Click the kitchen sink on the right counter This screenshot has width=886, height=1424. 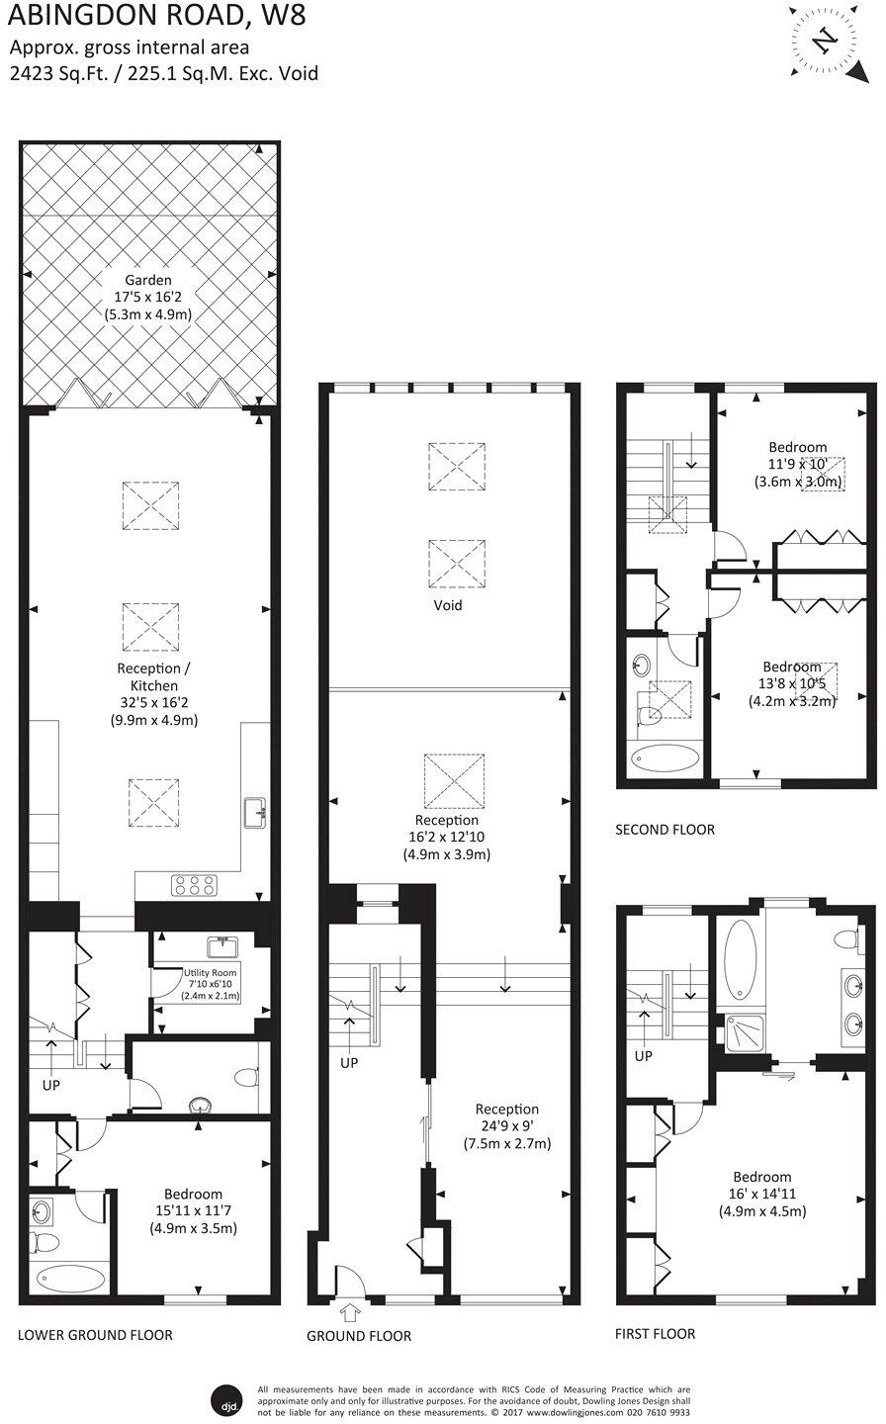coord(256,814)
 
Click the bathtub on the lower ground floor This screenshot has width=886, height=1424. coord(70,1278)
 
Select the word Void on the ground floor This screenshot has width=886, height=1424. coord(447,605)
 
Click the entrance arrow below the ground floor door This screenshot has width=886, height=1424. coord(349,1313)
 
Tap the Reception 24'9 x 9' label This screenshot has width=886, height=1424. coord(506,1126)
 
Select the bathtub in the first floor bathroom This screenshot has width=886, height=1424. coord(740,958)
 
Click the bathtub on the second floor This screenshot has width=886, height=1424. coord(664,759)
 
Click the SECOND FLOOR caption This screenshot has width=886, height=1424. coord(664,830)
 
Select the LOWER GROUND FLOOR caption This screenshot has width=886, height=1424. coord(95,1335)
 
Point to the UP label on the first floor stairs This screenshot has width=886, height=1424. coord(643,1055)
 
